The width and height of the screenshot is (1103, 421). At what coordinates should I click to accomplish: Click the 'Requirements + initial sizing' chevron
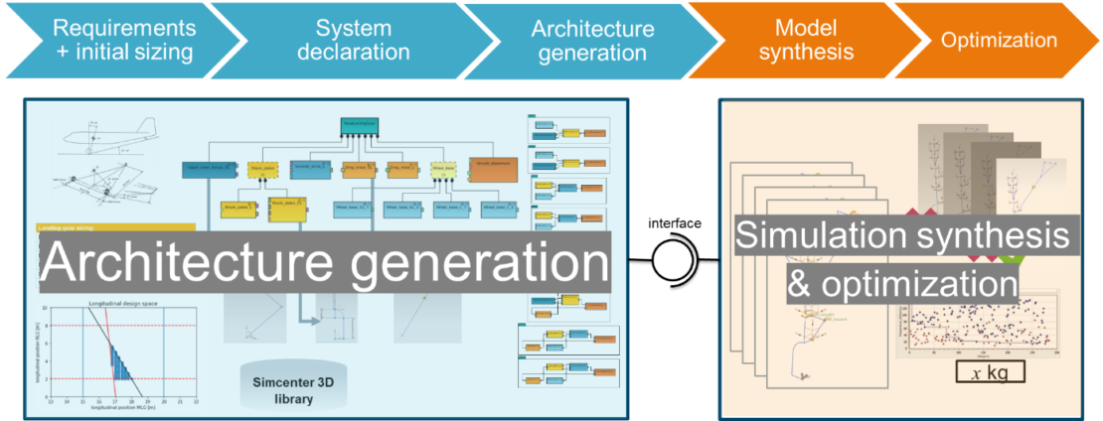[x=124, y=40]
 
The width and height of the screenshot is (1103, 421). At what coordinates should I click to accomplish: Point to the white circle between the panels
[x=672, y=261]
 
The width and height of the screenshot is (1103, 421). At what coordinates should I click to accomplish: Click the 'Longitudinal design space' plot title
[x=118, y=303]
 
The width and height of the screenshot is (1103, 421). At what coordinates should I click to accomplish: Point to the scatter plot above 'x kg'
[x=984, y=323]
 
